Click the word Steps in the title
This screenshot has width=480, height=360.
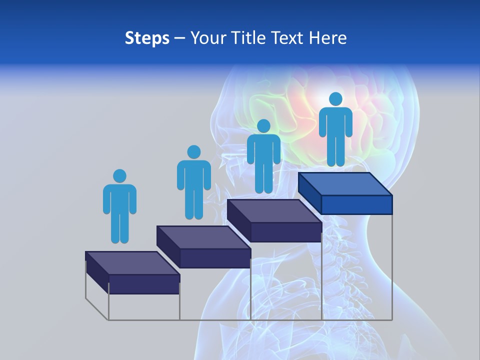[147, 38]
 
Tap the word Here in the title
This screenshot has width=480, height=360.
[328, 38]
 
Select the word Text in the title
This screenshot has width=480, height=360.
[288, 38]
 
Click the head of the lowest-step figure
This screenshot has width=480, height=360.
[119, 176]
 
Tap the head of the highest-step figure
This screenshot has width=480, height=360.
[335, 99]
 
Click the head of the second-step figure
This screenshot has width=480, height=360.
[193, 152]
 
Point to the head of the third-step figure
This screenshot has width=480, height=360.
[263, 126]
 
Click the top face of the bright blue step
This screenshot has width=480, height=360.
[345, 184]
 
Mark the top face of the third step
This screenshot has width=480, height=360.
[274, 211]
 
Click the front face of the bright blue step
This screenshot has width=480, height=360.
[356, 204]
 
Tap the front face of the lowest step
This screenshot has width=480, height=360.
[144, 284]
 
